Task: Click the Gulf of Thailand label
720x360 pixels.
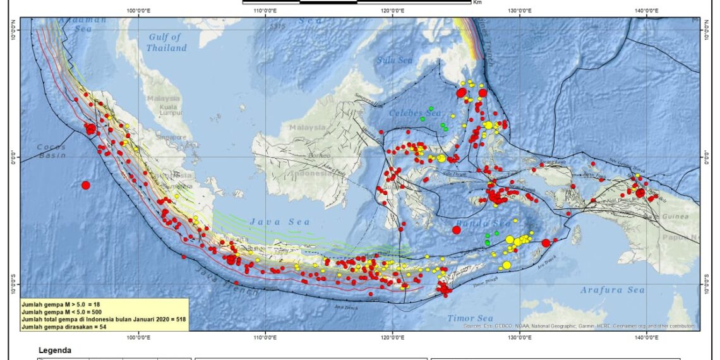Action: click(167, 42)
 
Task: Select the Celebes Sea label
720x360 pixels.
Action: click(414, 113)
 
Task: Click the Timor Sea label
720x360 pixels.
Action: click(470, 318)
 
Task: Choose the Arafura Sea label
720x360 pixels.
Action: click(613, 290)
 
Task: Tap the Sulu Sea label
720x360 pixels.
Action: click(394, 60)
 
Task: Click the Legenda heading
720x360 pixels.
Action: click(55, 351)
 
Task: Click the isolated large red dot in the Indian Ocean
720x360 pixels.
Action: click(86, 185)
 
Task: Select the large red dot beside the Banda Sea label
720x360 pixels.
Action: click(456, 230)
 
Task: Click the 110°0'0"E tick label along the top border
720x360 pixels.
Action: click(265, 10)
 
